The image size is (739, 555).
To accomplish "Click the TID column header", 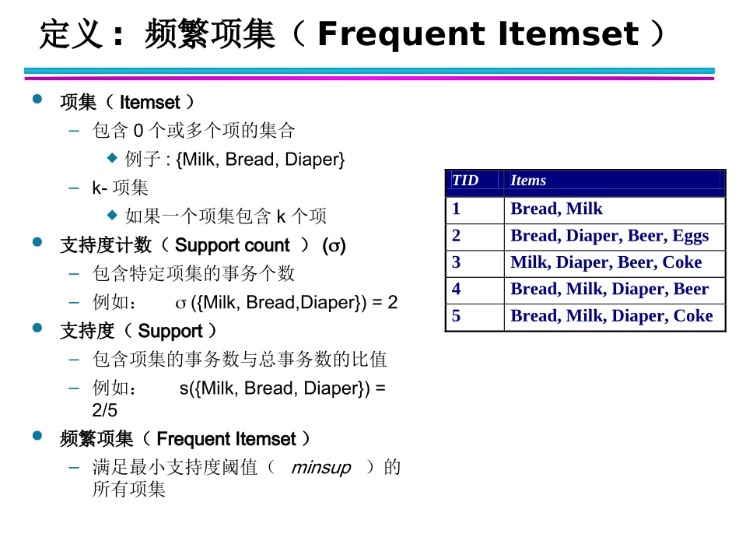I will [465, 181].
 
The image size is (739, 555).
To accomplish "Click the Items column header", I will [528, 181].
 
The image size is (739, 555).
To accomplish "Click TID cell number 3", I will [457, 262].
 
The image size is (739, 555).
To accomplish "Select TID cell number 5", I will [457, 316].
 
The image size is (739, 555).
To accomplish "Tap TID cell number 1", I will [457, 209].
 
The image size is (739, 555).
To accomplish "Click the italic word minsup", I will [320, 468].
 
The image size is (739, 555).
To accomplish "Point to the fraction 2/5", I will [105, 410].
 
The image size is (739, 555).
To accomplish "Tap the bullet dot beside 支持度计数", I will [37, 243].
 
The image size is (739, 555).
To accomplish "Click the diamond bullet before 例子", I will [112, 157].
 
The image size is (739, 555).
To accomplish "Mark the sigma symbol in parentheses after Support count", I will [334, 246].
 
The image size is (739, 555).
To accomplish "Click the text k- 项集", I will [120, 188].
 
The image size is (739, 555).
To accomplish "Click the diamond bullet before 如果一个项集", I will [112, 214].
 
